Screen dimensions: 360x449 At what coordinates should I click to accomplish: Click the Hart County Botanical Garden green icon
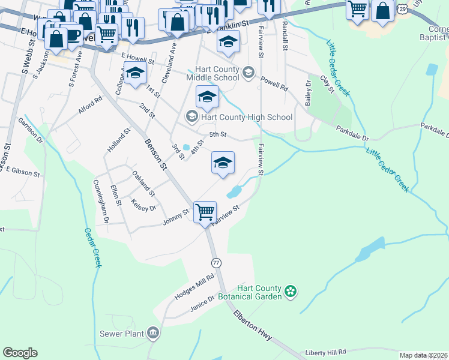coord(291,292)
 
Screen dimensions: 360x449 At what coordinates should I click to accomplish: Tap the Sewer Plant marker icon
coord(153,333)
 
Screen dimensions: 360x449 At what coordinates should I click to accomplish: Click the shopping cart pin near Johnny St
coord(205,212)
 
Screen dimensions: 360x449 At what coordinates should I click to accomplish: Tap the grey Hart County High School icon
coord(191,116)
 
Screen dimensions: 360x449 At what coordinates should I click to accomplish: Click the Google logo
coord(20,353)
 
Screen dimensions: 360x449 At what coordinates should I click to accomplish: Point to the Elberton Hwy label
coord(253,326)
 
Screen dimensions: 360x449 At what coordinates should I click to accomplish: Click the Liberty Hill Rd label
coord(326,352)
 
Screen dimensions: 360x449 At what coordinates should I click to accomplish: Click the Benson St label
coord(155,155)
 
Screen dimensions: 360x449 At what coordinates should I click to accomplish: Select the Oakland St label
coord(143,184)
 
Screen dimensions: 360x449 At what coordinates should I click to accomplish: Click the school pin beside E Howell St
coord(135,73)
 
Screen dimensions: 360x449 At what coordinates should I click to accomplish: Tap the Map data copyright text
coord(423,355)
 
